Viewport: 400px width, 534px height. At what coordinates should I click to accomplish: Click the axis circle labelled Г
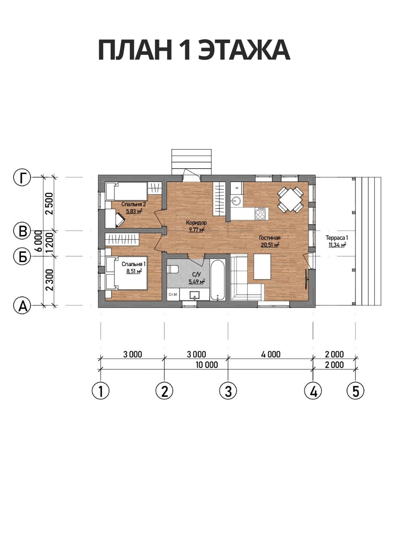pyautogui.click(x=22, y=178)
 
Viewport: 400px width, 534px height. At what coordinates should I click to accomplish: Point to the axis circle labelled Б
pyautogui.click(x=22, y=257)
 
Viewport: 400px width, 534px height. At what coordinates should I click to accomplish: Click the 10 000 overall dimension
pyautogui.click(x=207, y=365)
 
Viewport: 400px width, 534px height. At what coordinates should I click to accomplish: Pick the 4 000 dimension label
pyautogui.click(x=271, y=354)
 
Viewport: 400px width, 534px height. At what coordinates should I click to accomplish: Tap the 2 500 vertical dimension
pyautogui.click(x=49, y=203)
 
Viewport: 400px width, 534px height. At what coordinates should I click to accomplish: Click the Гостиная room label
pyautogui.click(x=270, y=238)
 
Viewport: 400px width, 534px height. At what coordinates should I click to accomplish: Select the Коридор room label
pyautogui.click(x=196, y=222)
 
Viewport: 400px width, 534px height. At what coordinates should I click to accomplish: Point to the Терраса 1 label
pyautogui.click(x=337, y=238)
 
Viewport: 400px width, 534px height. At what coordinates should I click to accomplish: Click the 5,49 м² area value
pyautogui.click(x=197, y=282)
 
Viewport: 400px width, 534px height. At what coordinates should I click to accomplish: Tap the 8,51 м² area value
pyautogui.click(x=134, y=271)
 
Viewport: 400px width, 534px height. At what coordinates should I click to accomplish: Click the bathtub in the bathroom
pyautogui.click(x=218, y=279)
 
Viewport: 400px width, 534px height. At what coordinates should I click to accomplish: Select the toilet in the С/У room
pyautogui.click(x=173, y=269)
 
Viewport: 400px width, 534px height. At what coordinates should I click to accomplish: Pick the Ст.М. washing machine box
pyautogui.click(x=173, y=295)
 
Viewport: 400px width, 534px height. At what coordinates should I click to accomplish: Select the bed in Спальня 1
pyautogui.click(x=127, y=273)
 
